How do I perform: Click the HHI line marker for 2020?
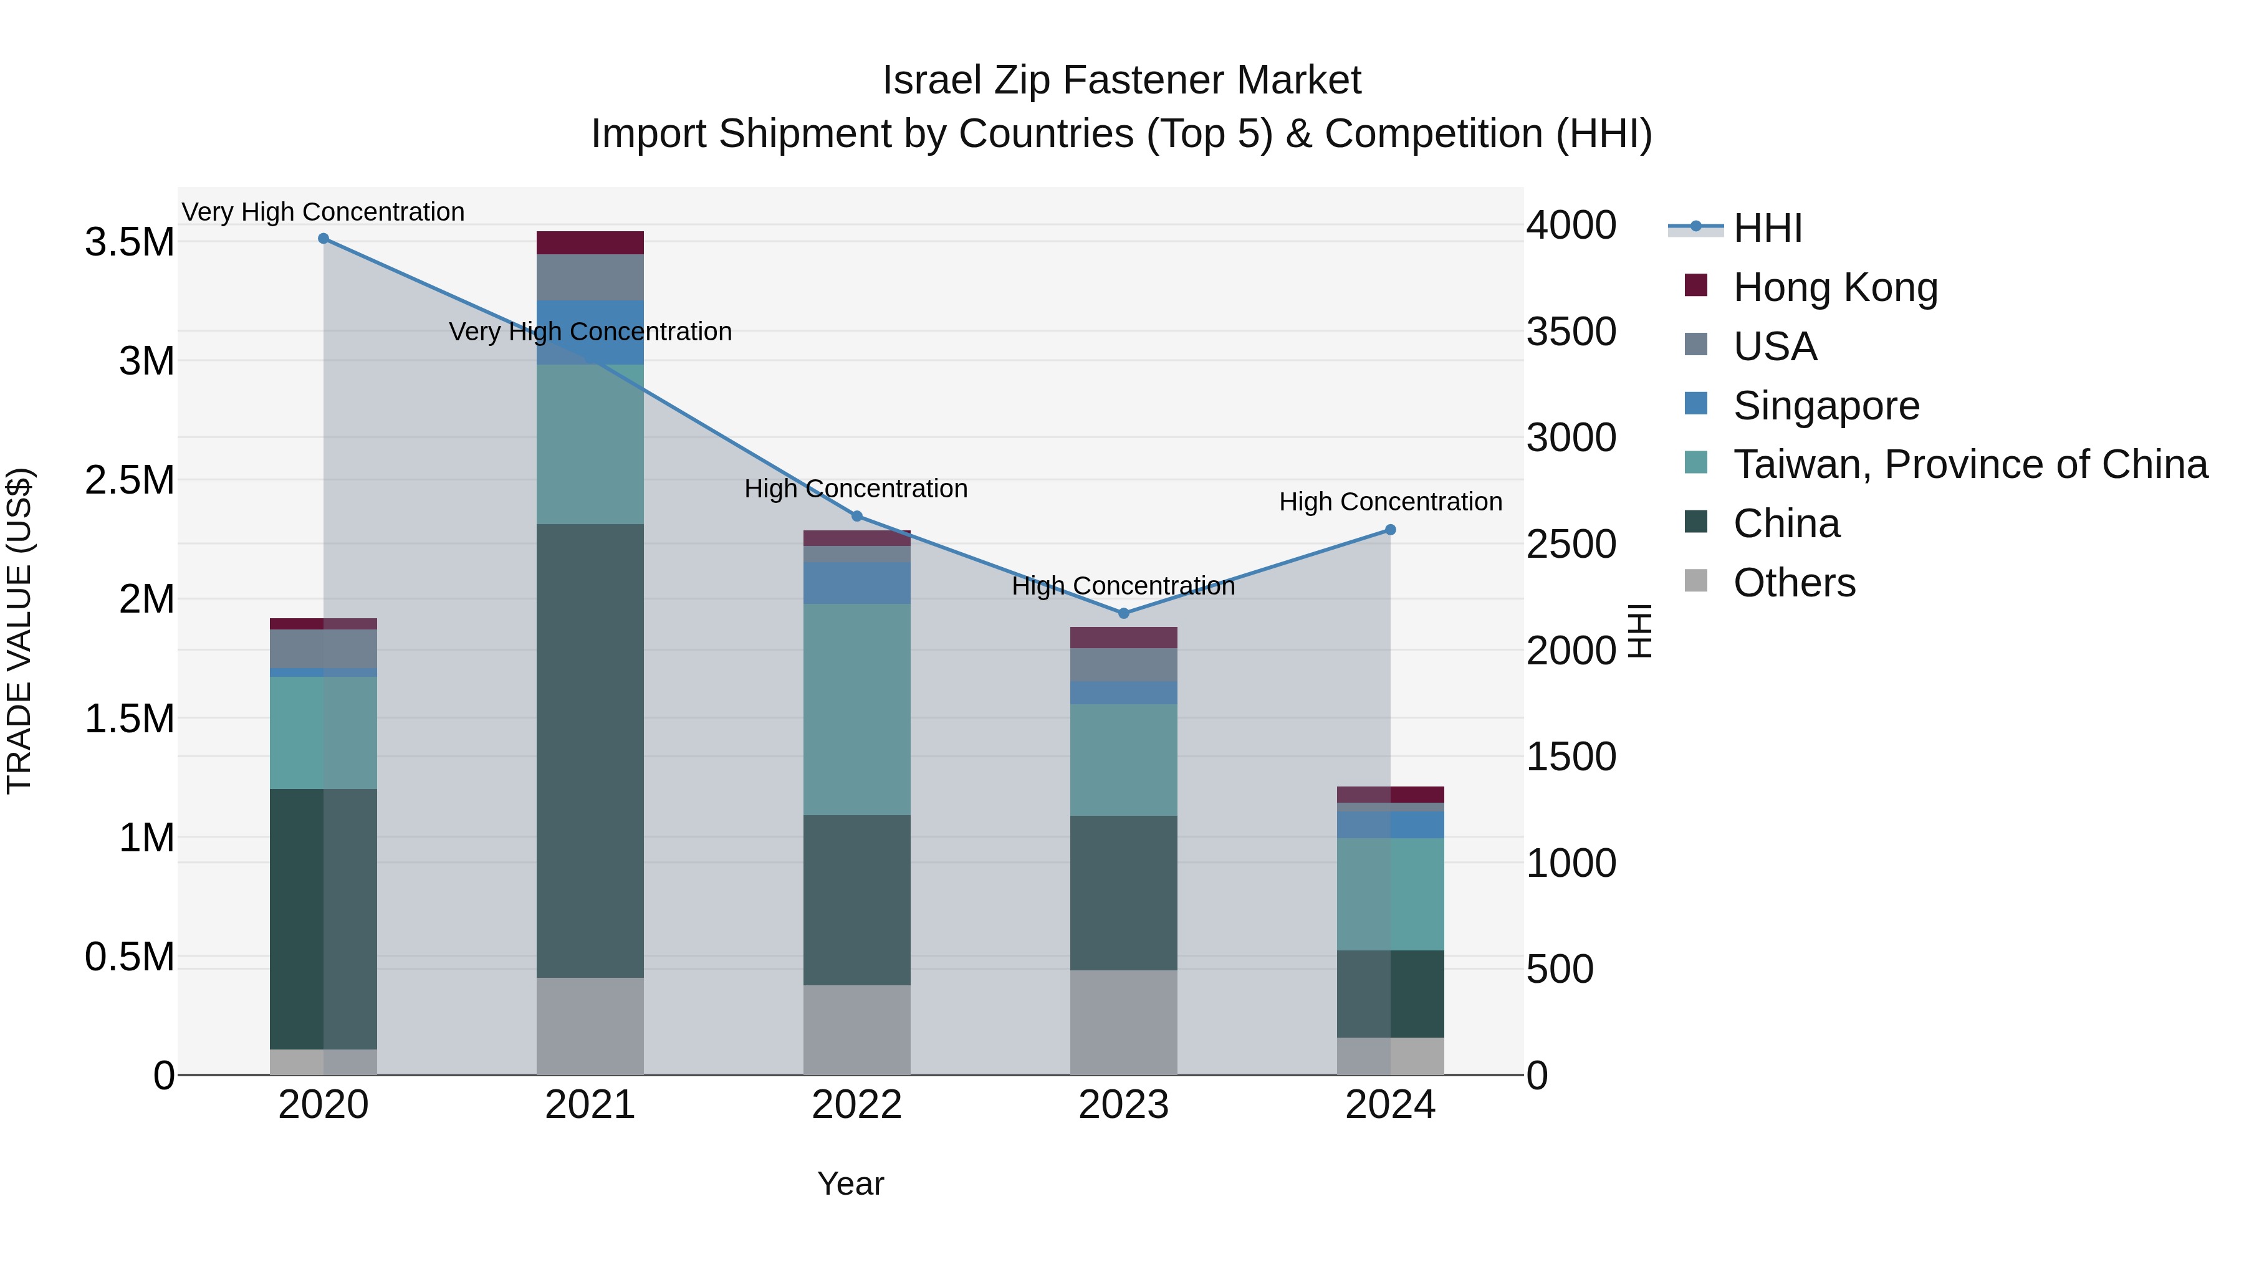pos(323,239)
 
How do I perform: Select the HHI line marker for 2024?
pos(1390,530)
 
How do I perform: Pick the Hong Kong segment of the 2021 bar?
pos(590,243)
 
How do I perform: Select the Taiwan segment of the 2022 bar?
pos(856,709)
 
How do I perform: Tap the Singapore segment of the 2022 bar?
pos(856,583)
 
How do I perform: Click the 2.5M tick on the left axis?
pos(130,480)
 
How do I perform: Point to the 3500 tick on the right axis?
pos(1571,332)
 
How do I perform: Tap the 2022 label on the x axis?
pos(856,1105)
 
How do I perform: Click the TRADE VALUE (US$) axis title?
pos(19,631)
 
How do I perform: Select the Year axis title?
pos(850,1183)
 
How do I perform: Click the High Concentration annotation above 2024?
pos(1390,502)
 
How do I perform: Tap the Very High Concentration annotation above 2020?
pos(323,212)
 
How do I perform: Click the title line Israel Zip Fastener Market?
pos(1121,80)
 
